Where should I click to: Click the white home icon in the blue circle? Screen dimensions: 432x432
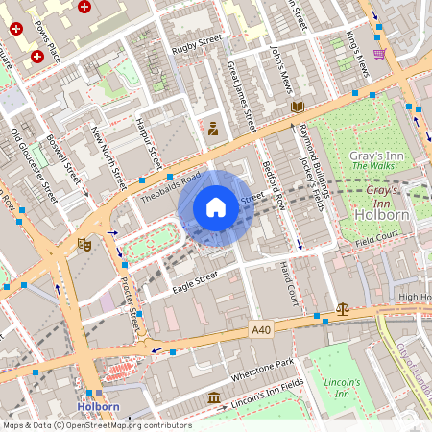click(x=216, y=207)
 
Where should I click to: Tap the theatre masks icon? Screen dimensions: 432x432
click(x=84, y=245)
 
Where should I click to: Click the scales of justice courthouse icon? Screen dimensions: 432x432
click(x=343, y=309)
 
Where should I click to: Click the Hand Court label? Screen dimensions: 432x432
click(x=285, y=283)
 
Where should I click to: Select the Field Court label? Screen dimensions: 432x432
click(x=375, y=236)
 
